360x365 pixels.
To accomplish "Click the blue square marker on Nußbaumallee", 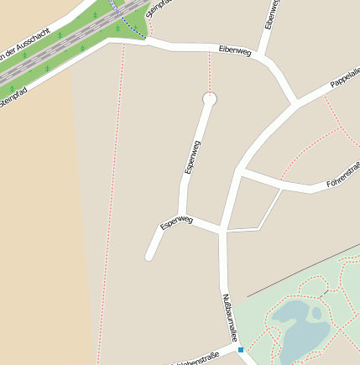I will (x=240, y=349).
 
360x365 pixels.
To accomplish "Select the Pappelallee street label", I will (x=345, y=81).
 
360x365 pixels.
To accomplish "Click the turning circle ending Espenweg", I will (x=209, y=99).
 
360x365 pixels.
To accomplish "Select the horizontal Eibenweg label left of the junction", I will (x=234, y=51).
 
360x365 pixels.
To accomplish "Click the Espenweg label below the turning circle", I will (x=192, y=158).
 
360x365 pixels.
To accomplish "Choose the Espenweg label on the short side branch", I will (x=176, y=222).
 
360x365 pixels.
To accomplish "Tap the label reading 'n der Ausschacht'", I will (x=25, y=51).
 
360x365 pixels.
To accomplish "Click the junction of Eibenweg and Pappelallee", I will (x=295, y=106).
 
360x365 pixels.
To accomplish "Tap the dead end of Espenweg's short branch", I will (x=149, y=257).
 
